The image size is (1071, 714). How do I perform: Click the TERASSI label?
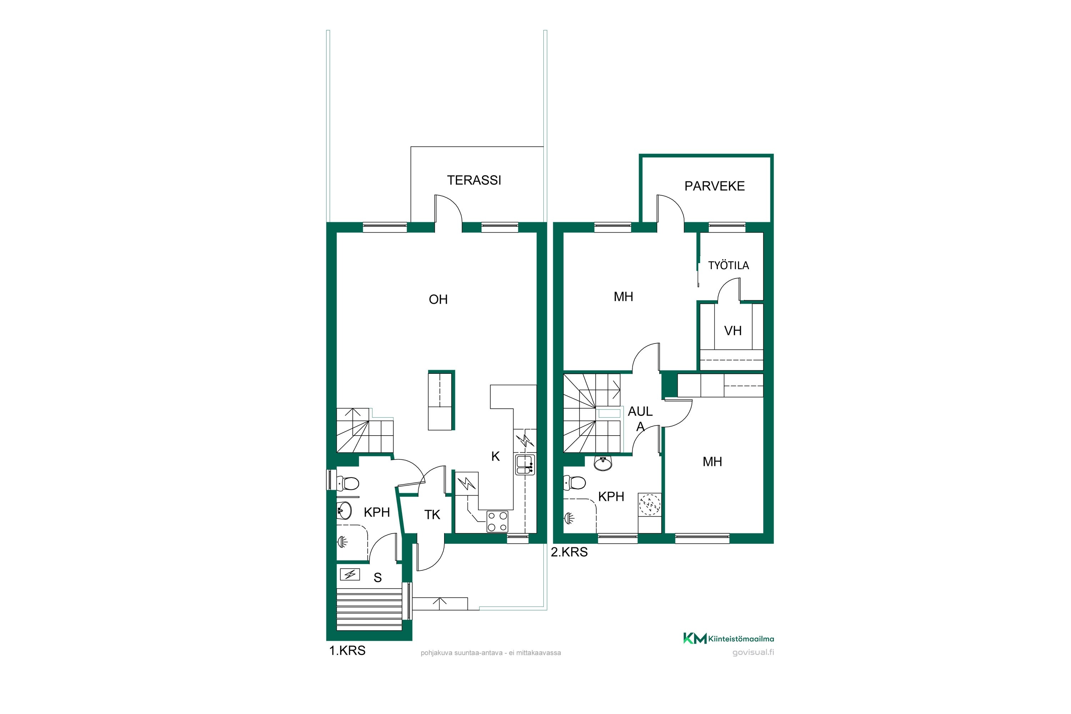tap(474, 180)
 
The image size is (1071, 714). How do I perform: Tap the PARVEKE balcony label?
tap(714, 186)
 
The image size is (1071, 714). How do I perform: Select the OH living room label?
tap(438, 299)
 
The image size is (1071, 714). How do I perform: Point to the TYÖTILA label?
tap(729, 266)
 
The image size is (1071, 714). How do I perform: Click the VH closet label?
tap(733, 331)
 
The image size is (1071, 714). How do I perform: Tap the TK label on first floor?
tap(432, 514)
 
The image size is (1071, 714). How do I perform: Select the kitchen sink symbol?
tap(525, 464)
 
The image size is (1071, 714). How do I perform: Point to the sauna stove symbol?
tap(350, 575)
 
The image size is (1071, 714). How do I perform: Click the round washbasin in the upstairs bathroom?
tap(603, 463)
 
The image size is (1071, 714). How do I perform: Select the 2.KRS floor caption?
tap(569, 552)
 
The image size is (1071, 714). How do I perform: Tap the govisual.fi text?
tap(753, 652)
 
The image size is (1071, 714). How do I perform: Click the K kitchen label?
tap(496, 456)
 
